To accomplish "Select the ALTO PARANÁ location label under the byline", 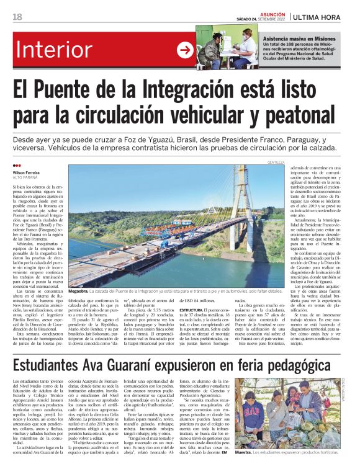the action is [x=25, y=177].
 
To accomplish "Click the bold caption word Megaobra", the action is [x=79, y=291].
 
